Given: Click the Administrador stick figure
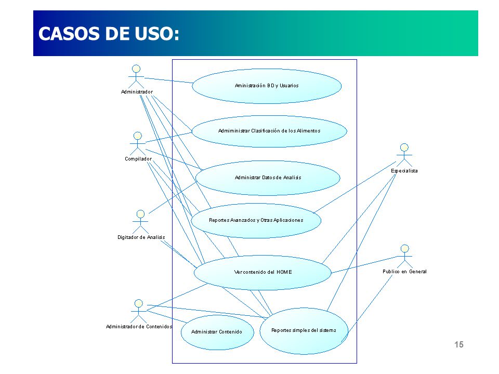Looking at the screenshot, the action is tap(136, 77).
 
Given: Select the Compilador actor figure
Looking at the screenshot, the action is tap(137, 144).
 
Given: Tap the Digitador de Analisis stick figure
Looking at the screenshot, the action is tap(140, 222).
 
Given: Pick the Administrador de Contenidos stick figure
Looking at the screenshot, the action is tap(138, 311).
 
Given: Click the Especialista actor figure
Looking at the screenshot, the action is tap(404, 155).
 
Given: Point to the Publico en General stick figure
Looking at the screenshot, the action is tap(404, 256).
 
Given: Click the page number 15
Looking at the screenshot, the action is tap(459, 344).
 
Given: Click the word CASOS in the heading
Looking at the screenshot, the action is tap(69, 34).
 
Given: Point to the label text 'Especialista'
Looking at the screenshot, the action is tap(404, 171).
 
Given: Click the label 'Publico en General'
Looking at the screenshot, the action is tap(404, 272).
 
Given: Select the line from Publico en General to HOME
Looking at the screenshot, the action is tap(364, 264).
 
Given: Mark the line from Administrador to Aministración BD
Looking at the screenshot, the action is tap(168, 81).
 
